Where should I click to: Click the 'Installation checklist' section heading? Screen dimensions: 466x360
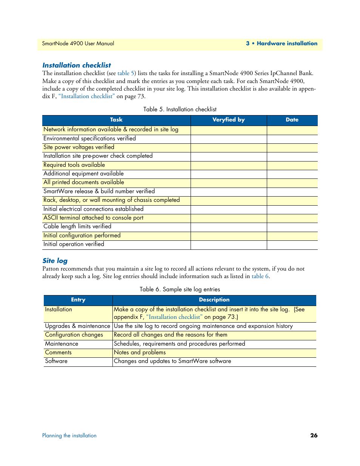point(77,65)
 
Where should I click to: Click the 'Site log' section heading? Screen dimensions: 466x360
point(55,261)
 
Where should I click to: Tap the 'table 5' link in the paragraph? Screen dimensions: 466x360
point(126,73)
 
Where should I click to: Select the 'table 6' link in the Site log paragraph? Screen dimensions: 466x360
point(260,276)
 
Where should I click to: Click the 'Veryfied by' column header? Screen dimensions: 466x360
point(228,120)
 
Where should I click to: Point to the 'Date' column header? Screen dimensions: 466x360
point(292,120)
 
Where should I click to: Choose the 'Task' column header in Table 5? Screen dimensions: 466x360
point(116,120)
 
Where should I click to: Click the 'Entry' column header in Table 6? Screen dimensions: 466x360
point(78,300)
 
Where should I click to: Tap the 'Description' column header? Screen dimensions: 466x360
point(214,300)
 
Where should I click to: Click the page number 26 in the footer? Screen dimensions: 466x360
point(314,435)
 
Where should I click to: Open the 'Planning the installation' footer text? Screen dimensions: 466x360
point(69,435)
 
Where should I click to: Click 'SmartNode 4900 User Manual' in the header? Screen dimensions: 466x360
point(78,43)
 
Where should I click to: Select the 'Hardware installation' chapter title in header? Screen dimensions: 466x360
point(287,43)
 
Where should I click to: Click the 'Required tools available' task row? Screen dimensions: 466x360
point(74,165)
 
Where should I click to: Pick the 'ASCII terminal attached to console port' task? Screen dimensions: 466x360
point(93,218)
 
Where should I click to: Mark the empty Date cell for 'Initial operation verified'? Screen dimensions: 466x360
point(292,245)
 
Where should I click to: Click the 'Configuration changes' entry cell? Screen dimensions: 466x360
point(74,335)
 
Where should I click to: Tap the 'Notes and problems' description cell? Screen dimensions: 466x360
point(140,352)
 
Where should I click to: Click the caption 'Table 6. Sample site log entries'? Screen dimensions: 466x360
point(180,289)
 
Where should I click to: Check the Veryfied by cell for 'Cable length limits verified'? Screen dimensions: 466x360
point(228,227)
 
